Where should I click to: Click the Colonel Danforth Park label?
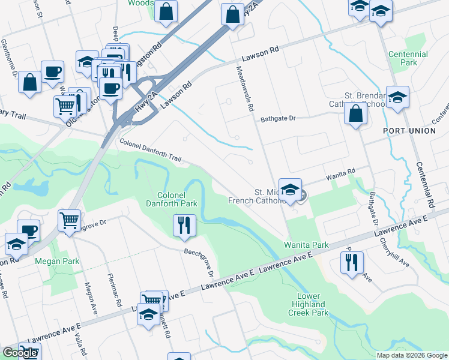(x=177, y=199)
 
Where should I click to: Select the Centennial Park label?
(x=408, y=58)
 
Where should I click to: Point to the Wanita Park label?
(x=306, y=245)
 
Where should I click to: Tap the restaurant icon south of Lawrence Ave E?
(x=351, y=263)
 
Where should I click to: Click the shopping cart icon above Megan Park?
(x=70, y=221)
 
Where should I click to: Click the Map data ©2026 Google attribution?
(x=412, y=355)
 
